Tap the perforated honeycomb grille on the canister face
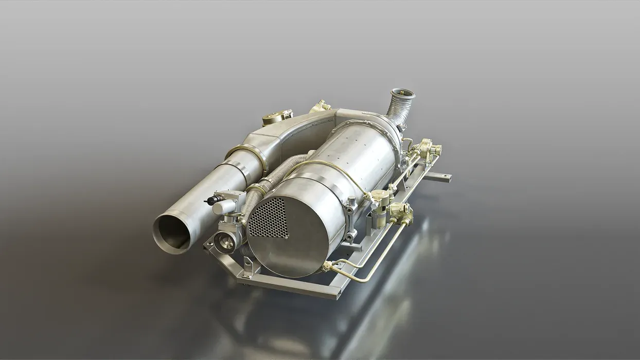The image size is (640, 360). [x=269, y=218]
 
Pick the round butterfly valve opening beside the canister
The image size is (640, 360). [x=225, y=241]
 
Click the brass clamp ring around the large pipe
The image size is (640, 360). [x=249, y=154]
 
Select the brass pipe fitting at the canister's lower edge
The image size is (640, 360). [x=327, y=266]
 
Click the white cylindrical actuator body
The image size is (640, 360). [x=225, y=205]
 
